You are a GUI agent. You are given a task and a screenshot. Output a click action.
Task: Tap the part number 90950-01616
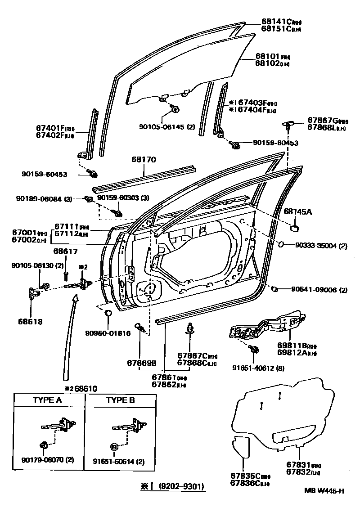108,333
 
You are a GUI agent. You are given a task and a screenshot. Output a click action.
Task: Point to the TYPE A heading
47,400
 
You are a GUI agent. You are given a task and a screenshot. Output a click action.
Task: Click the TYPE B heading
120,400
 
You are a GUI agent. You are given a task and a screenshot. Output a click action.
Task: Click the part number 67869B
141,363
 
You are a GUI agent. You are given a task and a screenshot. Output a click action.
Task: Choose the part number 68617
65,251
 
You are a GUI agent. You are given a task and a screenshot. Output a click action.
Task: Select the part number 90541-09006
319,290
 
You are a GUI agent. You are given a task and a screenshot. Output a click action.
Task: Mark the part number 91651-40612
254,368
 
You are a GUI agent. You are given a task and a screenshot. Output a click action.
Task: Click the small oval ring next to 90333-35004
280,245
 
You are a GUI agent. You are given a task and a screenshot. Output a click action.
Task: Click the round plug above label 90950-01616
108,313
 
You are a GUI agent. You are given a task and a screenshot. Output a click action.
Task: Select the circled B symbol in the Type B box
114,447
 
